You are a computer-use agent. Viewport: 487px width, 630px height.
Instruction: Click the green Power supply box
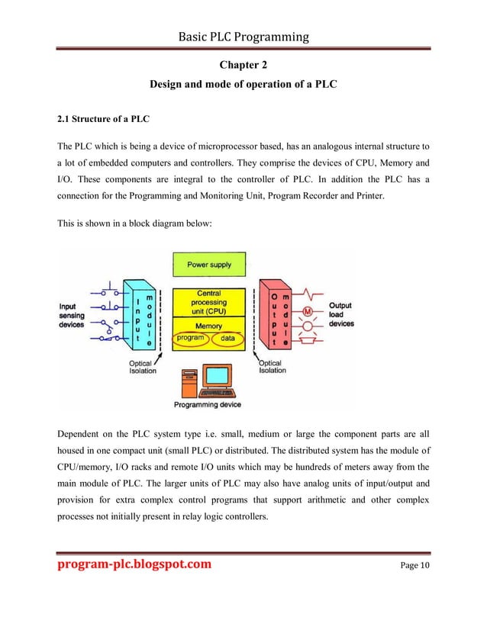209,265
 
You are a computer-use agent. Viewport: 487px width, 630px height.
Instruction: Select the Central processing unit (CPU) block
209,302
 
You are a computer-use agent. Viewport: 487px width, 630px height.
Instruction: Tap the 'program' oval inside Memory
190,336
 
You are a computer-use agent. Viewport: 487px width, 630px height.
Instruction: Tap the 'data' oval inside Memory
227,336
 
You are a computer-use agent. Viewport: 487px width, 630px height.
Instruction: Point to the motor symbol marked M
309,311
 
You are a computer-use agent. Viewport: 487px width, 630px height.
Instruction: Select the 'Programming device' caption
208,405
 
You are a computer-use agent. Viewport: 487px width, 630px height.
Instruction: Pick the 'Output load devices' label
341,314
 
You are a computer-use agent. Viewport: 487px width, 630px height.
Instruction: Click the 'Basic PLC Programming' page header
243,36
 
